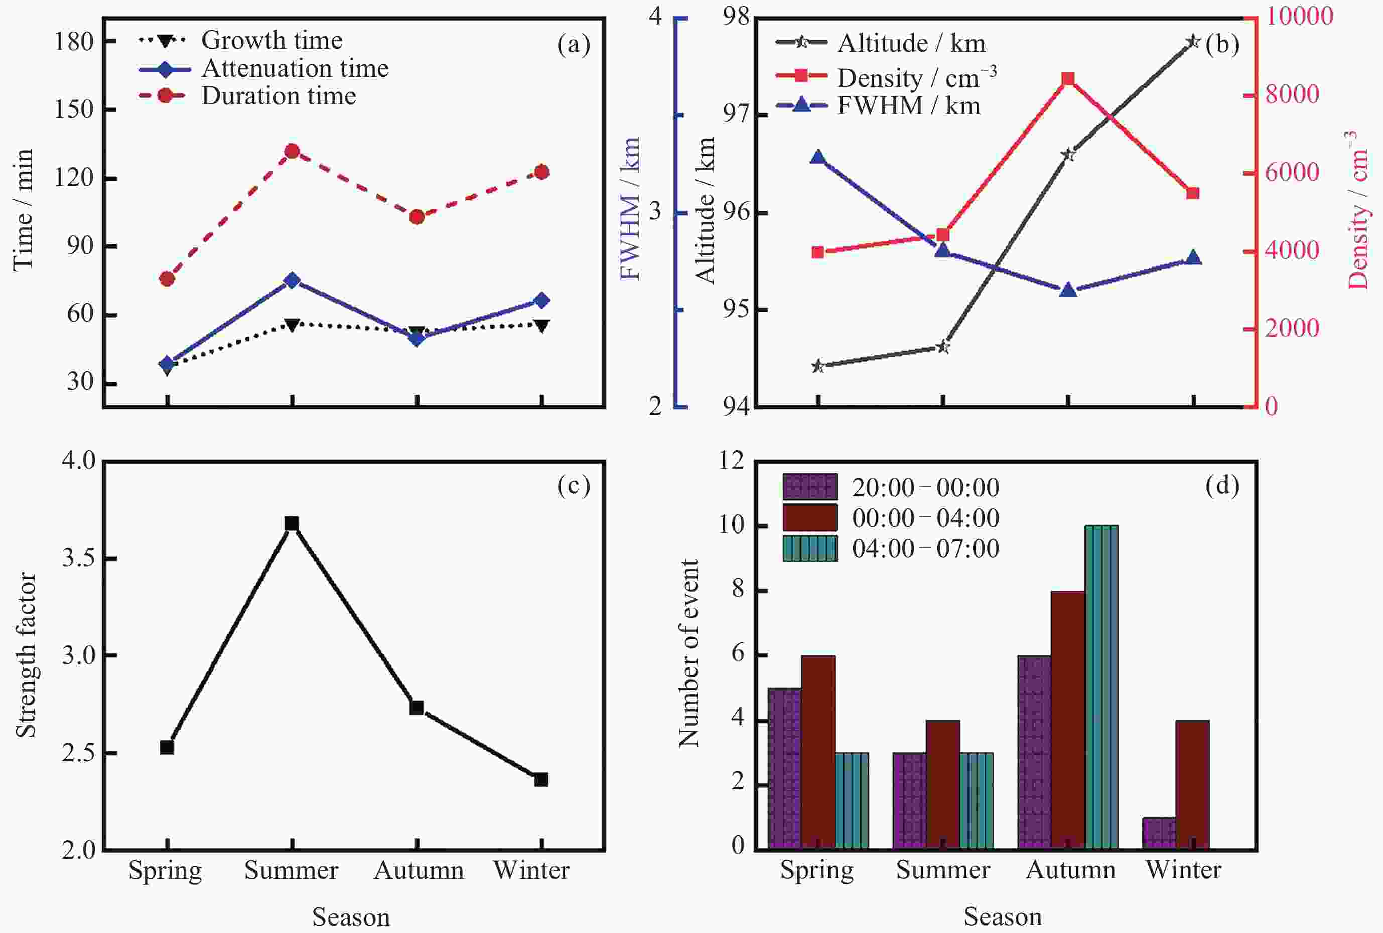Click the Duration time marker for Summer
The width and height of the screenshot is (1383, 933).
pyautogui.click(x=292, y=151)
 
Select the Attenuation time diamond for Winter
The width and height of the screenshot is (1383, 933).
pyautogui.click(x=541, y=301)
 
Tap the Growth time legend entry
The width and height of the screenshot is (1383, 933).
pyautogui.click(x=272, y=41)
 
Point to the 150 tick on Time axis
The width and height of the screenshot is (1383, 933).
pyautogui.click(x=74, y=109)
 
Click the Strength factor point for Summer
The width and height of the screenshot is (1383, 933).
pyautogui.click(x=292, y=523)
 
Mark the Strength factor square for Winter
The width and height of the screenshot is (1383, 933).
pyautogui.click(x=541, y=779)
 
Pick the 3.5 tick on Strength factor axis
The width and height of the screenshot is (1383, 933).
pyautogui.click(x=78, y=559)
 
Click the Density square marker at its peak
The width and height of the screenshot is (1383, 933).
pyautogui.click(x=1068, y=79)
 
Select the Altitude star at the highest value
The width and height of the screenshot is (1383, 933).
pyautogui.click(x=1193, y=42)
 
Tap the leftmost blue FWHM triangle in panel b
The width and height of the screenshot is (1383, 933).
pyautogui.click(x=818, y=157)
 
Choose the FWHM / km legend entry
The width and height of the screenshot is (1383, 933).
pyautogui.click(x=908, y=106)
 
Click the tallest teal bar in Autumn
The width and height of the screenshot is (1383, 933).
pyautogui.click(x=1101, y=687)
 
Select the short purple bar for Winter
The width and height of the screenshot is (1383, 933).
pyautogui.click(x=1159, y=834)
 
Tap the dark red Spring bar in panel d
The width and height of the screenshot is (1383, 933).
pyautogui.click(x=818, y=752)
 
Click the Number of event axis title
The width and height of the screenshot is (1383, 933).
pyautogui.click(x=689, y=653)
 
